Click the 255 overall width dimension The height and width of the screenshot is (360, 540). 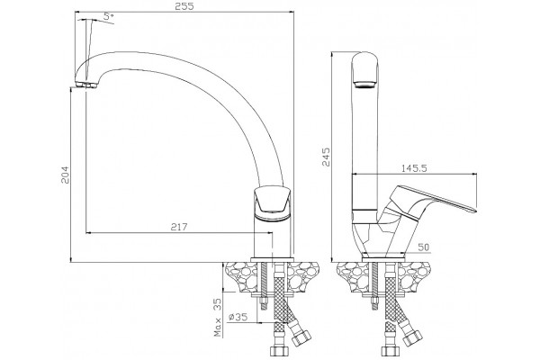tap(184, 6)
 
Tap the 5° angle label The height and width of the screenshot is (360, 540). tap(109, 16)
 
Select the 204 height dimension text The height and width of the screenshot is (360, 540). tap(65, 175)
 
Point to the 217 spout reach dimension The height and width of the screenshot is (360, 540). tap(179, 227)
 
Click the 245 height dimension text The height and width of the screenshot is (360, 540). tap(326, 157)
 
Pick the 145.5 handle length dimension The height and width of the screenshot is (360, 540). tap(414, 168)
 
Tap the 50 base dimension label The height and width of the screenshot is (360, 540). tap(424, 247)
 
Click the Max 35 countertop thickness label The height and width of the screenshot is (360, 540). tap(218, 318)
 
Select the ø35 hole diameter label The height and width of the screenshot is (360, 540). tap(238, 317)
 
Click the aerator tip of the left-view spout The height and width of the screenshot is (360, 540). tap(85, 85)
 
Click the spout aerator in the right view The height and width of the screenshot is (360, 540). tap(365, 85)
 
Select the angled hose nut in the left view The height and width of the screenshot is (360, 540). tap(301, 335)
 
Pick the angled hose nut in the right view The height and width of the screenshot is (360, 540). tap(412, 335)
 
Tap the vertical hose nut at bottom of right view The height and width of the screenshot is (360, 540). tap(390, 351)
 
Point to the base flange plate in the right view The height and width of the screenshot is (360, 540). tap(383, 257)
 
